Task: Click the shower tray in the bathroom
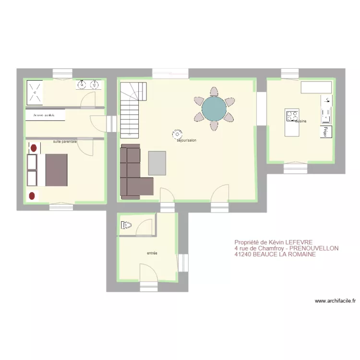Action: pyautogui.click(x=35, y=92)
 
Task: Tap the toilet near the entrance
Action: pyautogui.click(x=126, y=225)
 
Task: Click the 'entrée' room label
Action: pyautogui.click(x=153, y=253)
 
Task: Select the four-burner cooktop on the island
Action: pyautogui.click(x=292, y=116)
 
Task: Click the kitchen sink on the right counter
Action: pyautogui.click(x=327, y=101)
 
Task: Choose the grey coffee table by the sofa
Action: pyautogui.click(x=157, y=163)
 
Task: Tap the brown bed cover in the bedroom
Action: pyautogui.click(x=57, y=169)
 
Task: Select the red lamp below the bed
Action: pyautogui.click(x=33, y=195)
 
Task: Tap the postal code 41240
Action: pyautogui.click(x=243, y=255)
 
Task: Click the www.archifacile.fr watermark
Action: pyautogui.click(x=335, y=301)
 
